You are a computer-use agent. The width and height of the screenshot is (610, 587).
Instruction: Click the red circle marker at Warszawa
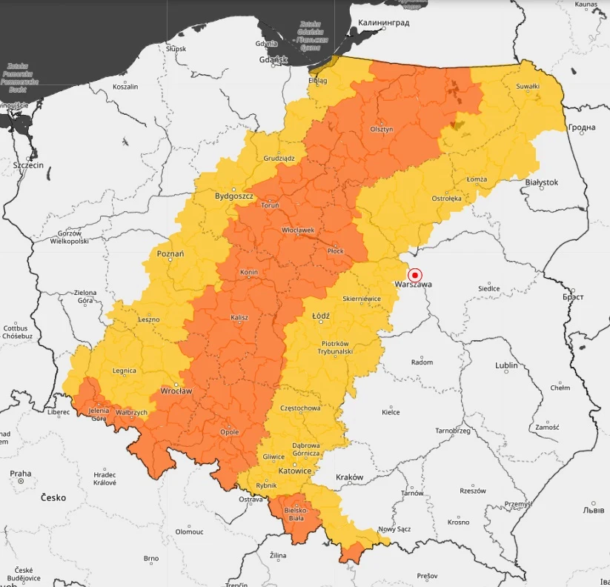pos(415,274)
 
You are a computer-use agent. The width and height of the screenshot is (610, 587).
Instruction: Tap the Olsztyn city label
pos(382,129)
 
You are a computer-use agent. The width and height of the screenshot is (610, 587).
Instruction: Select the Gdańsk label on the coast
pos(273,60)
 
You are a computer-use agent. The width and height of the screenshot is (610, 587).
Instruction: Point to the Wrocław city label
pos(176,391)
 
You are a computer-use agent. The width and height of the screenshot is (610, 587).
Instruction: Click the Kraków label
pos(350,477)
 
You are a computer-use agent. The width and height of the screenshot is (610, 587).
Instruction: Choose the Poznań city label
pos(170,253)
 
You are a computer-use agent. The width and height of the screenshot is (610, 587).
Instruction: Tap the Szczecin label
pos(28,165)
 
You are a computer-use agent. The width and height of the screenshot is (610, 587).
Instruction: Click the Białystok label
pos(541,182)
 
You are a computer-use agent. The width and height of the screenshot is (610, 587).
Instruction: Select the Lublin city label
pos(506,365)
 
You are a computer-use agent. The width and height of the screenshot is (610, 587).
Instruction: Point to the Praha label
pos(21,474)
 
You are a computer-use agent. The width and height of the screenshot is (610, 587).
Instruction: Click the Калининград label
pos(384,23)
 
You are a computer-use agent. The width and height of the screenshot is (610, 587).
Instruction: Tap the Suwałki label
pos(528,87)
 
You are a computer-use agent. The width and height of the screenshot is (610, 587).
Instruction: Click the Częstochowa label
pos(300,408)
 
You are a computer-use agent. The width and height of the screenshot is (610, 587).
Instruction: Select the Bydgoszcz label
pos(234,196)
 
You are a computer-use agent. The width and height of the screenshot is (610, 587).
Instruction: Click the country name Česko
pos(53,497)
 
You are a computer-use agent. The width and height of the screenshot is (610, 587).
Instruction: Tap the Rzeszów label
pos(472,491)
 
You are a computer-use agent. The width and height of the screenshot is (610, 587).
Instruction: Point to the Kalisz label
pos(239,317)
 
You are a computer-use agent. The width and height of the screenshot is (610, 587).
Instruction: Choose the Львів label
pos(594,511)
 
